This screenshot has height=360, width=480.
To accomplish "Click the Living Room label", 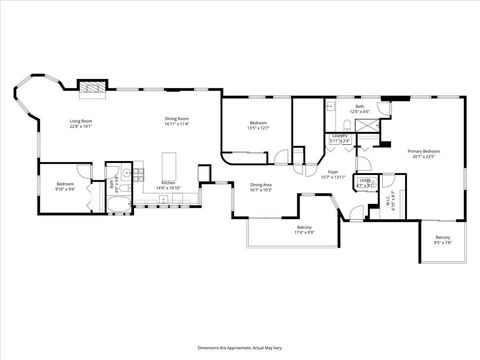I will [x=80, y=124].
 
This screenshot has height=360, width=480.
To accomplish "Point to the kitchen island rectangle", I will [x=168, y=163].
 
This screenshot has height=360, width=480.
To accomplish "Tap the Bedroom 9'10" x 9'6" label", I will [x=65, y=186].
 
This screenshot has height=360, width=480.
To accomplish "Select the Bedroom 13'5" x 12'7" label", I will [x=258, y=126].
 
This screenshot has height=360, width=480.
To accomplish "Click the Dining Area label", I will [x=262, y=186].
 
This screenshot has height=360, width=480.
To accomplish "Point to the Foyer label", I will [x=333, y=174].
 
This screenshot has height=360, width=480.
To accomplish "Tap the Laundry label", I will [x=340, y=138].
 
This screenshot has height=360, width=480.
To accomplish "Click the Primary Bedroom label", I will [x=424, y=153].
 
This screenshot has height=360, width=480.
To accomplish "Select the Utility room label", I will [x=365, y=183].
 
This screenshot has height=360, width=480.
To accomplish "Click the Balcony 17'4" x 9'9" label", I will [x=303, y=230].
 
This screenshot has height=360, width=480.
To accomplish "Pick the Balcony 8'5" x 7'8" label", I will [x=443, y=239].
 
